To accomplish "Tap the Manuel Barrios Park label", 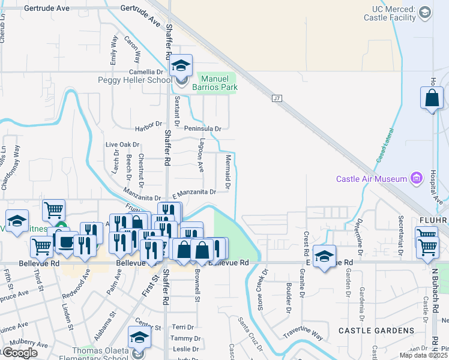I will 218,83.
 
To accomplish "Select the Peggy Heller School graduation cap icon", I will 181,67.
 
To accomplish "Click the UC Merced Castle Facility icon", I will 425,12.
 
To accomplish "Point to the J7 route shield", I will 276,98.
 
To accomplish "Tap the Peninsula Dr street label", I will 202,128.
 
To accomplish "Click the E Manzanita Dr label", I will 194,192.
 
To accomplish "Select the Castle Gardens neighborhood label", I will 376,331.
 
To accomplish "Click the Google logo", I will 19,353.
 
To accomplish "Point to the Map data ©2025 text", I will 424,355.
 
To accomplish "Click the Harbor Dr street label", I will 149,125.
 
